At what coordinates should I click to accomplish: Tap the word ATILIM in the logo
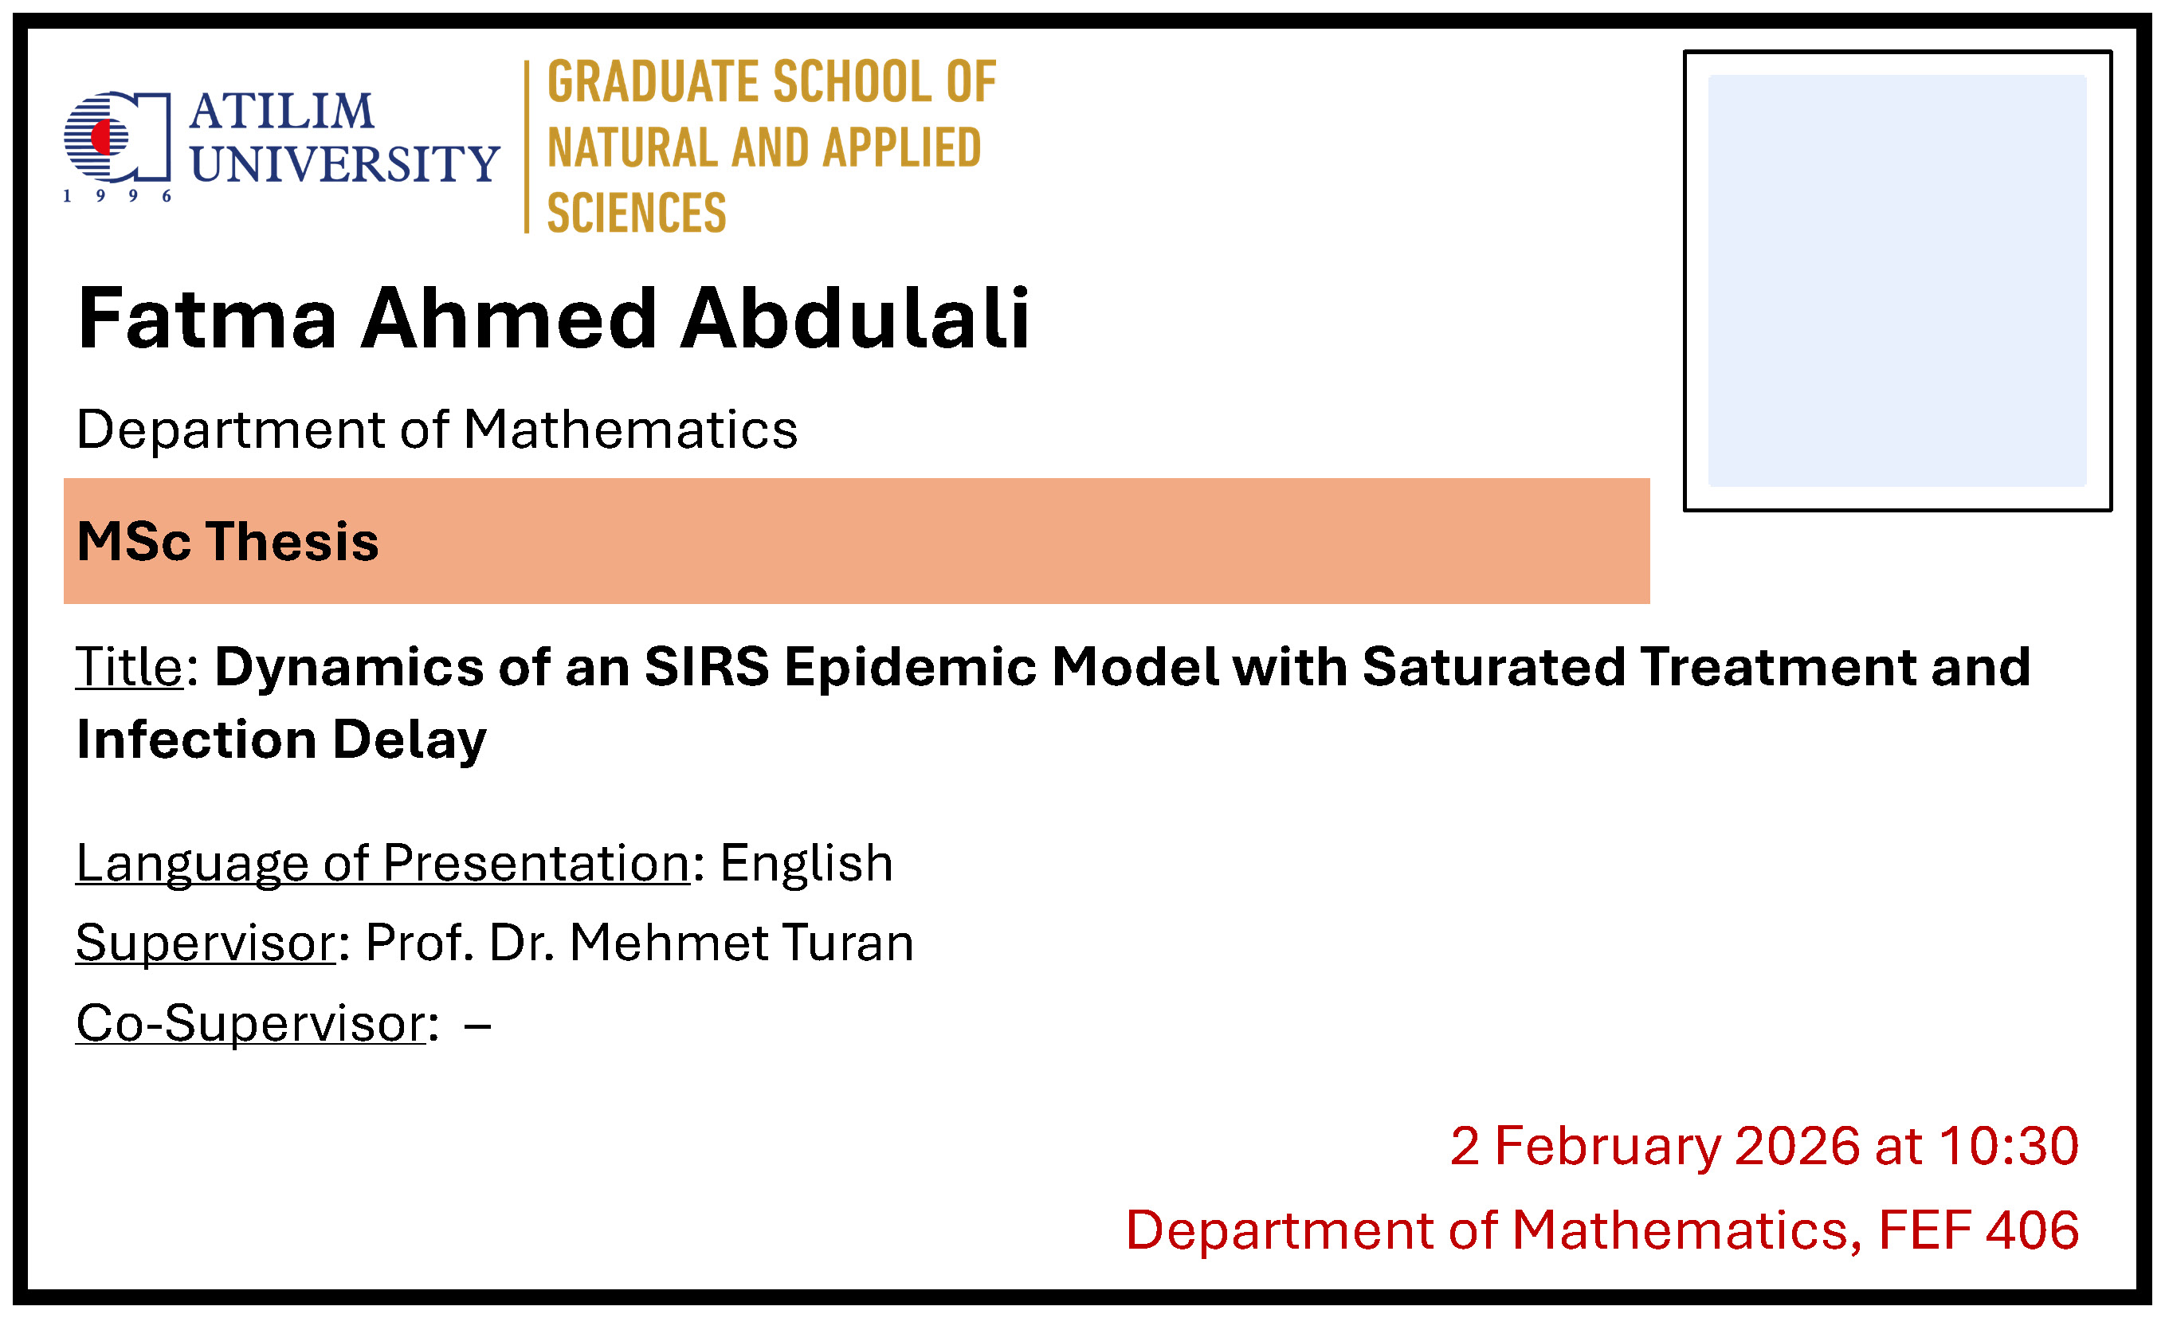coord(282,112)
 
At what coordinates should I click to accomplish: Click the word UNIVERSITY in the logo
coord(344,163)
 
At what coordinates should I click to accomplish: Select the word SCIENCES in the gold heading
coord(637,213)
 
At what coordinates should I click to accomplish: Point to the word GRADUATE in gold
coord(653,82)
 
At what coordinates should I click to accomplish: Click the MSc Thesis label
coord(228,541)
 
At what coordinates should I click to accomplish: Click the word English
coord(806,865)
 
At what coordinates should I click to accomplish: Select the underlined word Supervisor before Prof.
coord(206,943)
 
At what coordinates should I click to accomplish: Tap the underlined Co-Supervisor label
coord(250,1024)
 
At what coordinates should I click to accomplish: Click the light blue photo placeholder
coord(1897,280)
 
